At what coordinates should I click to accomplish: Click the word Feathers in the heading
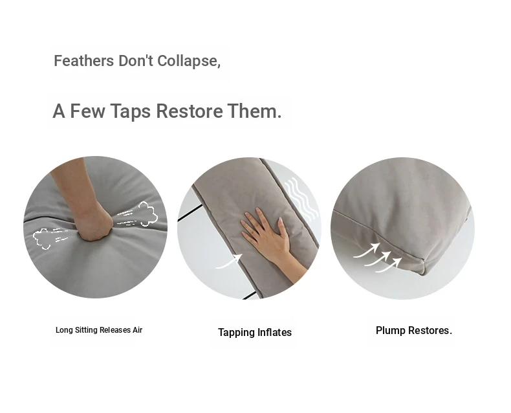(x=83, y=61)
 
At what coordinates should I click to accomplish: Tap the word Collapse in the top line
(x=189, y=61)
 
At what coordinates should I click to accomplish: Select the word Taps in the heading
(x=131, y=111)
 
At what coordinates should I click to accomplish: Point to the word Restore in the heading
(x=190, y=111)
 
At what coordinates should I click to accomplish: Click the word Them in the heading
(x=254, y=111)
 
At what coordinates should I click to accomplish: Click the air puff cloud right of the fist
(x=147, y=214)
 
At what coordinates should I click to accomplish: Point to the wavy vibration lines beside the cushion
(x=301, y=198)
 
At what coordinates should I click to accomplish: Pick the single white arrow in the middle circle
(x=229, y=262)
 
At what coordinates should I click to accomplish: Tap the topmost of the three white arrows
(x=367, y=250)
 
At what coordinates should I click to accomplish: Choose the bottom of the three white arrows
(x=389, y=265)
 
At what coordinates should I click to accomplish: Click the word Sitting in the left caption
(x=87, y=330)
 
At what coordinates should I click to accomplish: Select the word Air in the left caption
(x=138, y=330)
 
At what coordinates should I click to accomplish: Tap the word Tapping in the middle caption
(x=236, y=333)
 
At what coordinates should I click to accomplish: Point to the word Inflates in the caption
(x=274, y=333)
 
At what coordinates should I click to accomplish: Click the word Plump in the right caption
(x=391, y=331)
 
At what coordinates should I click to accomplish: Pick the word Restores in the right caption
(x=430, y=331)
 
